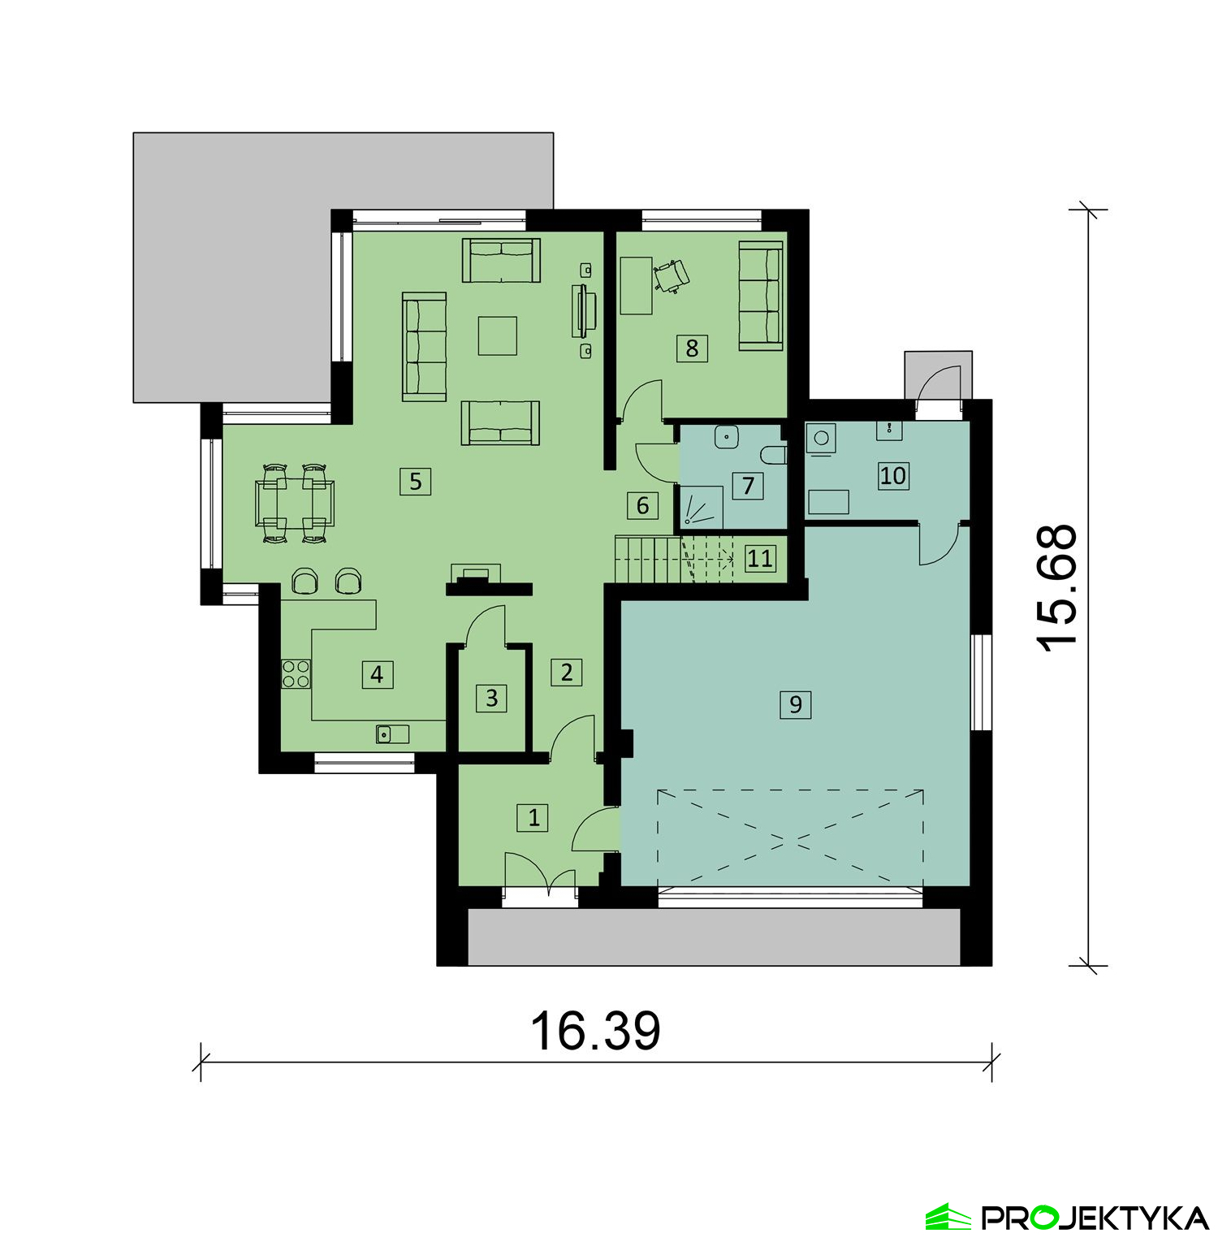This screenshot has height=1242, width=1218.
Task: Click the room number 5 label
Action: click(x=415, y=482)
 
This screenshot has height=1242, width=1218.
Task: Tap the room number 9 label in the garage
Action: click(x=795, y=704)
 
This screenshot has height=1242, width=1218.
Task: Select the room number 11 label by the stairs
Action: click(x=760, y=558)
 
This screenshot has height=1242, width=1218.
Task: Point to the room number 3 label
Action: click(x=491, y=698)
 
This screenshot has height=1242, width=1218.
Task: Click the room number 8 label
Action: click(x=692, y=348)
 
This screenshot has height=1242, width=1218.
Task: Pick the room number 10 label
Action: click(x=893, y=475)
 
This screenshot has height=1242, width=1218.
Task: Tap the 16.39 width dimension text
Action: click(x=595, y=1030)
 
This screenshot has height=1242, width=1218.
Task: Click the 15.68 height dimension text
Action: click(x=1057, y=587)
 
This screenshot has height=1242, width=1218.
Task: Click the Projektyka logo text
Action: click(x=1095, y=1218)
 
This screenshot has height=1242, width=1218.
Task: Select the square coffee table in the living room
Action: click(x=498, y=335)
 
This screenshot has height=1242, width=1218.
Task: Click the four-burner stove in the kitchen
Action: click(x=296, y=674)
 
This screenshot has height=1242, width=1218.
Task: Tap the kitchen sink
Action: click(x=392, y=734)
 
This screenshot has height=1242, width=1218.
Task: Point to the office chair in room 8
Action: click(x=672, y=275)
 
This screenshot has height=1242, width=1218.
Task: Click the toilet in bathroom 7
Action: click(x=775, y=453)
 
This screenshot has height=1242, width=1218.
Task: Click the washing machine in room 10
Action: click(x=821, y=439)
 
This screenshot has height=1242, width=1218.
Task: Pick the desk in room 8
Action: click(x=636, y=285)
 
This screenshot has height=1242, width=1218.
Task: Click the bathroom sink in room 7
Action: click(x=726, y=437)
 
